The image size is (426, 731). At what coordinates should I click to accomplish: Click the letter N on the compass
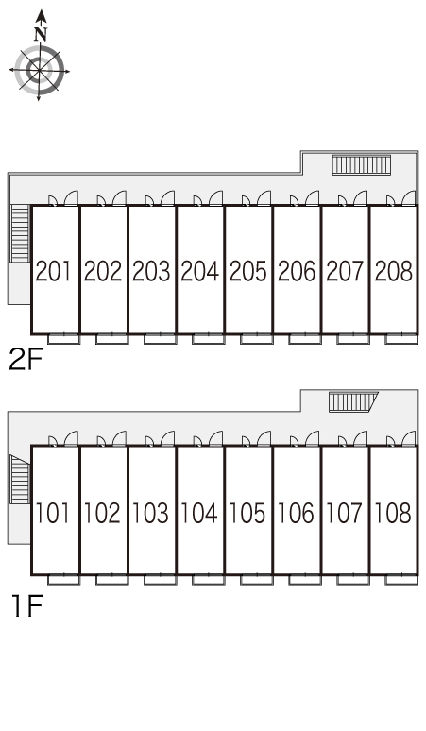[41, 35]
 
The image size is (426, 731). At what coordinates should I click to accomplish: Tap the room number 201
[54, 271]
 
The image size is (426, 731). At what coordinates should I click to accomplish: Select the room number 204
[199, 271]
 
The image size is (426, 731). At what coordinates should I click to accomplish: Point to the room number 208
[394, 271]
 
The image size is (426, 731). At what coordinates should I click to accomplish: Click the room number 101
[53, 513]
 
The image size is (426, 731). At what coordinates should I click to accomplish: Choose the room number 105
[247, 513]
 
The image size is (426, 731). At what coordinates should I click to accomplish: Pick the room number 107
[344, 513]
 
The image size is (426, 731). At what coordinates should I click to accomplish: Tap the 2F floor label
[26, 360]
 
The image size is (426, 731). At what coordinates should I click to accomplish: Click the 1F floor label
[27, 606]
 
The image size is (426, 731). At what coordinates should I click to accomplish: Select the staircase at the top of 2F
[361, 165]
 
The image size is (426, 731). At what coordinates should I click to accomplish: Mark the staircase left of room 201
[20, 233]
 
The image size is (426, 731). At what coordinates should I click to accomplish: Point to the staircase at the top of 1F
[353, 402]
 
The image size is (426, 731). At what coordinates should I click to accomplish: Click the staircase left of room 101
[20, 479]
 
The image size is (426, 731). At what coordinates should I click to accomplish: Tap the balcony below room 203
[161, 339]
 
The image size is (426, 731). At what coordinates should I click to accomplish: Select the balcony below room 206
[305, 339]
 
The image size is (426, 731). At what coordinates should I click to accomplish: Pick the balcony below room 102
[111, 580]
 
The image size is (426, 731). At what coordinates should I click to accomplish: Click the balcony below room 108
[401, 580]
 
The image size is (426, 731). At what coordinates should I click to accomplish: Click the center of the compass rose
[39, 71]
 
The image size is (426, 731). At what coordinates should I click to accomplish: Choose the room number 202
[103, 271]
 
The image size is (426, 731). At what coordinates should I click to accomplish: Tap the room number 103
[150, 513]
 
